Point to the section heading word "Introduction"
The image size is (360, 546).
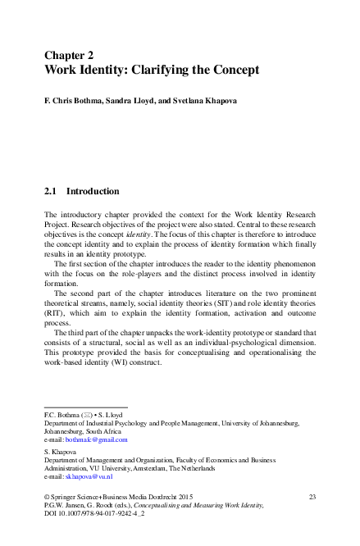click(x=93, y=192)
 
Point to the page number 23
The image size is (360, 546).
click(x=312, y=497)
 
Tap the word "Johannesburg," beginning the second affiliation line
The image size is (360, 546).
click(x=67, y=431)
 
